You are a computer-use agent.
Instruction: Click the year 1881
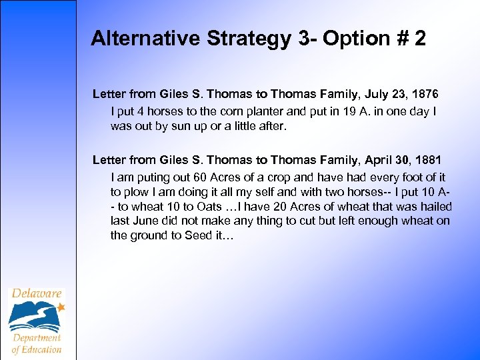pos(428,160)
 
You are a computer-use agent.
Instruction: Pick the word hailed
pos(435,206)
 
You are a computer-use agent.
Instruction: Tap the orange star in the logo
pos(61,307)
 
